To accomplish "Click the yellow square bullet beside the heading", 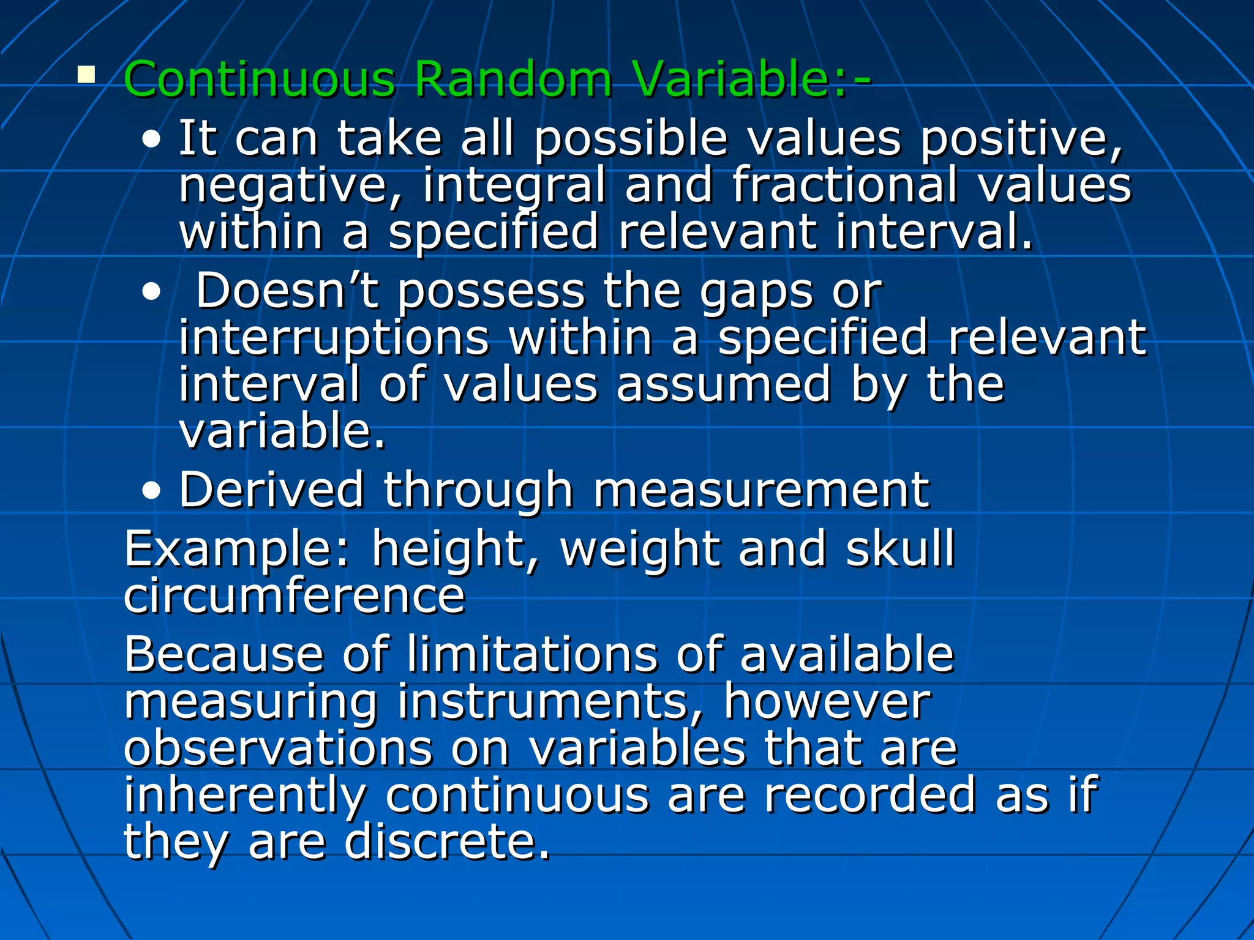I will click(86, 75).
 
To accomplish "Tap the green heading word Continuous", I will click(259, 80).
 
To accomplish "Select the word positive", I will click(1021, 140).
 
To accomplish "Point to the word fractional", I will click(845, 185).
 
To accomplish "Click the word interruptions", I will click(334, 338).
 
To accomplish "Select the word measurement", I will click(761, 491).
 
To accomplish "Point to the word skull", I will click(900, 549).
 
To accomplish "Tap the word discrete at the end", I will click(448, 842).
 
